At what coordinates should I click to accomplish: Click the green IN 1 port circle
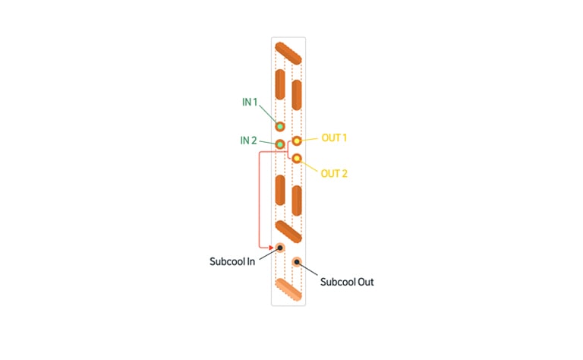pos(280,127)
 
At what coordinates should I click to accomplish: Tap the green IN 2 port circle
pos(280,144)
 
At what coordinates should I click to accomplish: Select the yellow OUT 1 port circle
pos(297,141)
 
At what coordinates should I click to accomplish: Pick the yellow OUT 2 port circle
pos(297,159)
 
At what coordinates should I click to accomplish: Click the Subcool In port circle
pos(280,248)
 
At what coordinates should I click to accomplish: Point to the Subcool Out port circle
pos(297,263)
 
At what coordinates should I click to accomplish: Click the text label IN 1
pos(251,103)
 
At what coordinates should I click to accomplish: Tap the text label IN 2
pos(249,141)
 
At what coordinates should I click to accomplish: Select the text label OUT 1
pos(334,138)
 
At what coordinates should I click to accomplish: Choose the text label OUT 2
pos(334,174)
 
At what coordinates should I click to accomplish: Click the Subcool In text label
pos(232,262)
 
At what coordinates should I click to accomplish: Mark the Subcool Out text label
pos(347,282)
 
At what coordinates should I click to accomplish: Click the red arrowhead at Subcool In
pos(270,247)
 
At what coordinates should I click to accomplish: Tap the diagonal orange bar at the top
pos(288,53)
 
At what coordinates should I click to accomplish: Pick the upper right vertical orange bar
pos(297,94)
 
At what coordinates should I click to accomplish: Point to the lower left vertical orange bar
pos(280,190)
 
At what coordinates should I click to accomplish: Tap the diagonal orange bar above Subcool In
pos(288,231)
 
